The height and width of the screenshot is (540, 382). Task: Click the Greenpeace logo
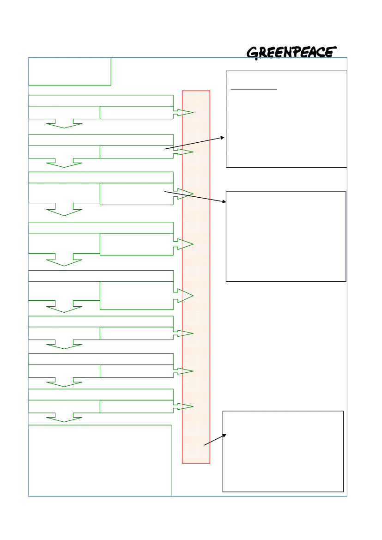(x=291, y=53)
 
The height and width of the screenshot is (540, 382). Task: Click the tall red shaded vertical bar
(x=196, y=277)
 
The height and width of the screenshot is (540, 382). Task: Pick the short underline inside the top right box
(x=254, y=89)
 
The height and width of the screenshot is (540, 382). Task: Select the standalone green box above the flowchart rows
(x=69, y=72)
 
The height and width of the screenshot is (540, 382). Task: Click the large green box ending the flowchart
(x=100, y=461)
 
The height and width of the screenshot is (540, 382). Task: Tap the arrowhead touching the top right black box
(x=223, y=138)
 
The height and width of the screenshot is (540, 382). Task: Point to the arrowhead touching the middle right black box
(x=224, y=201)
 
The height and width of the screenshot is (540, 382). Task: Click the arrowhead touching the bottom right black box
(x=224, y=436)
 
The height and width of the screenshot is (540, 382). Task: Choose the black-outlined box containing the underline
(x=286, y=119)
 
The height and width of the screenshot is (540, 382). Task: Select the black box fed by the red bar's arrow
(x=283, y=451)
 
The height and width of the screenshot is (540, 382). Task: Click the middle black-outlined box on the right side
(x=286, y=236)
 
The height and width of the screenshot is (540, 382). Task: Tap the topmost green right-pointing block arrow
(x=184, y=113)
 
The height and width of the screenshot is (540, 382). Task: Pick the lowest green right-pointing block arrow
(x=184, y=407)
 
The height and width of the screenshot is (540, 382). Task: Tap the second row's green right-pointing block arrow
(x=184, y=152)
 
